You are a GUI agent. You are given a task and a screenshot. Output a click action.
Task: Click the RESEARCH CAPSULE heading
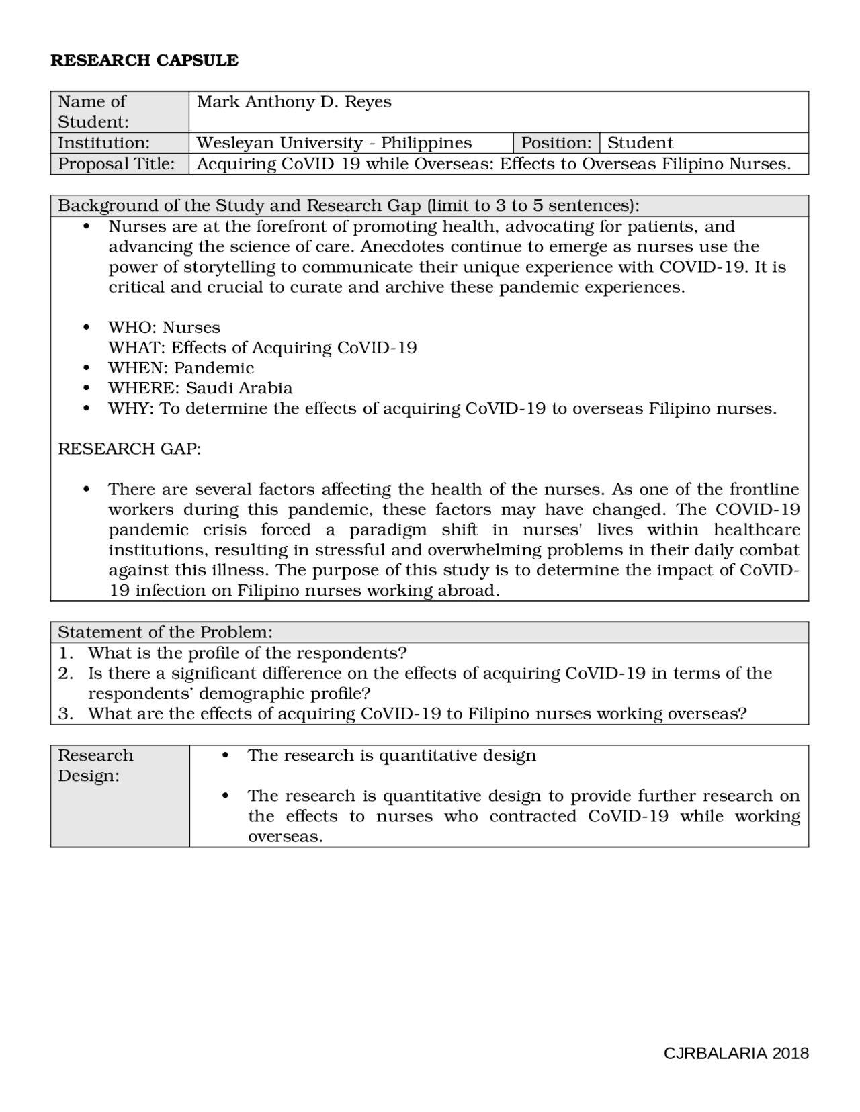pyautogui.click(x=144, y=60)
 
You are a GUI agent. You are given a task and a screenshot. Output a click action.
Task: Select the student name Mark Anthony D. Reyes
pyautogui.click(x=294, y=102)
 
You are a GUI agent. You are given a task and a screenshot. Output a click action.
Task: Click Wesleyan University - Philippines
pyautogui.click(x=334, y=143)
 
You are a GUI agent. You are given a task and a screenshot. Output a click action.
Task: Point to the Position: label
pyautogui.click(x=556, y=143)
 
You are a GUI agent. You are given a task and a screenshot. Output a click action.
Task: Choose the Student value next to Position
pyautogui.click(x=640, y=143)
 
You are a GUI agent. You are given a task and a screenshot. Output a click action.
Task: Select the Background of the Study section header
pyautogui.click(x=349, y=205)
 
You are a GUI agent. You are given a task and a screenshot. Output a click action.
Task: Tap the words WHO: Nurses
pyautogui.click(x=164, y=328)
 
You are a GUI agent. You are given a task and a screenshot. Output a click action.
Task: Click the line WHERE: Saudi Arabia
pyautogui.click(x=200, y=388)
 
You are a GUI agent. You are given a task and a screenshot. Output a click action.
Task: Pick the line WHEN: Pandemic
pyautogui.click(x=181, y=368)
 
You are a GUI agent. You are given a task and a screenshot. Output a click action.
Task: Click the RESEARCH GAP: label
pyautogui.click(x=129, y=449)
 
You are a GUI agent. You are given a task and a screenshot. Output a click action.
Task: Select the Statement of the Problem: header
pyautogui.click(x=165, y=632)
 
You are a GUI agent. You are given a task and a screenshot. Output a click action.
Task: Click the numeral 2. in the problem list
pyautogui.click(x=65, y=673)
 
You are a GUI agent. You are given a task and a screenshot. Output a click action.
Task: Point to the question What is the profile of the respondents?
pyautogui.click(x=247, y=653)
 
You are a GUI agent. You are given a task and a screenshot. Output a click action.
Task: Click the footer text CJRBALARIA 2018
pyautogui.click(x=736, y=1053)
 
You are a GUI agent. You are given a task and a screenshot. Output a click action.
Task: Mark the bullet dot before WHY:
pyautogui.click(x=86, y=408)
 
